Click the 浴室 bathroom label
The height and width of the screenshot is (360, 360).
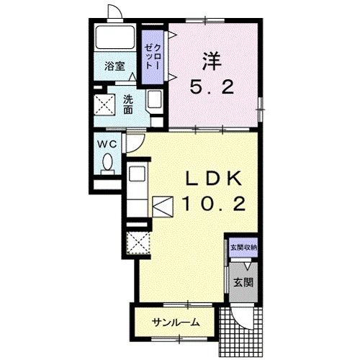[x=114, y=66]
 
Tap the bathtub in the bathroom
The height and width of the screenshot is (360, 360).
[x=114, y=37]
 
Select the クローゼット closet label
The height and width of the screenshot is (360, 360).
[x=152, y=57]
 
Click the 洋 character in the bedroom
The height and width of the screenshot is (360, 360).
[x=212, y=61]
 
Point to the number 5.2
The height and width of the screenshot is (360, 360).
[x=212, y=87]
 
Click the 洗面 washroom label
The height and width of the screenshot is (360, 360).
[x=128, y=104]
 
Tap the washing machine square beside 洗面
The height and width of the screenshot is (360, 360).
[x=104, y=105]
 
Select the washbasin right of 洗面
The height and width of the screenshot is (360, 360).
[x=154, y=99]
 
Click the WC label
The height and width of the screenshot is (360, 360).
[x=107, y=144]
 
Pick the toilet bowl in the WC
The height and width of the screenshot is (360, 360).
[x=107, y=163]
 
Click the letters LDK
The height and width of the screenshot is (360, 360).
[x=213, y=179]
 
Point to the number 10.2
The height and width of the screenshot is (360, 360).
[x=213, y=204]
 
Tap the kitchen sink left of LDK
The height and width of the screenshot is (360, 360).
[x=137, y=174]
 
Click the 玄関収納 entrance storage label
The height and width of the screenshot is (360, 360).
[x=243, y=248]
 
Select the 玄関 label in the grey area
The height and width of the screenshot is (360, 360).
[x=243, y=282]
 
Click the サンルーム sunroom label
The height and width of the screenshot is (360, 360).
[x=176, y=323]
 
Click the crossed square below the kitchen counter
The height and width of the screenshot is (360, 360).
[x=138, y=243]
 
